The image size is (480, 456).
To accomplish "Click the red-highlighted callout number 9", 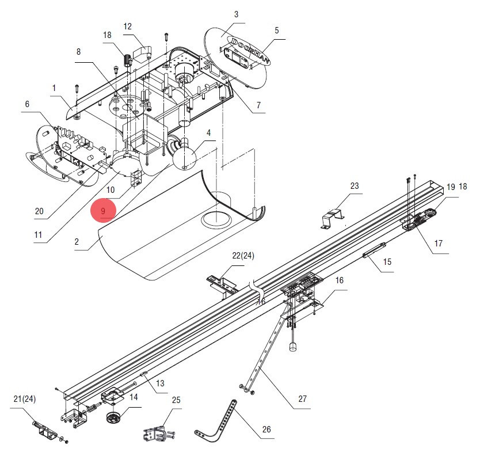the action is [x=103, y=211].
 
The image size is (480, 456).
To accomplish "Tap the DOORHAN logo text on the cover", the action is [x=251, y=51].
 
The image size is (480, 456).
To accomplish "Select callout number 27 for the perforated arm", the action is [x=302, y=399].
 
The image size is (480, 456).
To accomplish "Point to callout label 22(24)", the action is [x=243, y=256].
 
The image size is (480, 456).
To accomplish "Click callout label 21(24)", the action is [x=25, y=399].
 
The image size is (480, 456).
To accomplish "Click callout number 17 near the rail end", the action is [x=439, y=244].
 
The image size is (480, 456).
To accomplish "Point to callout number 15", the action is [x=387, y=262].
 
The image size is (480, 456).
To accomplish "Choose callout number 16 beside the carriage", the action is [x=339, y=280].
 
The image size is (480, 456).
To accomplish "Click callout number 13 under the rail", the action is [x=160, y=383].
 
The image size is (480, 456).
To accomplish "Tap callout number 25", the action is [x=176, y=400].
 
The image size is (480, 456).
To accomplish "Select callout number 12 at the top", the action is [x=127, y=26].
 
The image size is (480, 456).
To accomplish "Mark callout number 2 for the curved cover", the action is [x=77, y=242].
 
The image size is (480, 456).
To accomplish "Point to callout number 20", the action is [x=39, y=211].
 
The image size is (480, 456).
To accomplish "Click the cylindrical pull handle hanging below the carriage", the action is [x=293, y=347].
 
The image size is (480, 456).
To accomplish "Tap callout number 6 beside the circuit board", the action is [x=27, y=104].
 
